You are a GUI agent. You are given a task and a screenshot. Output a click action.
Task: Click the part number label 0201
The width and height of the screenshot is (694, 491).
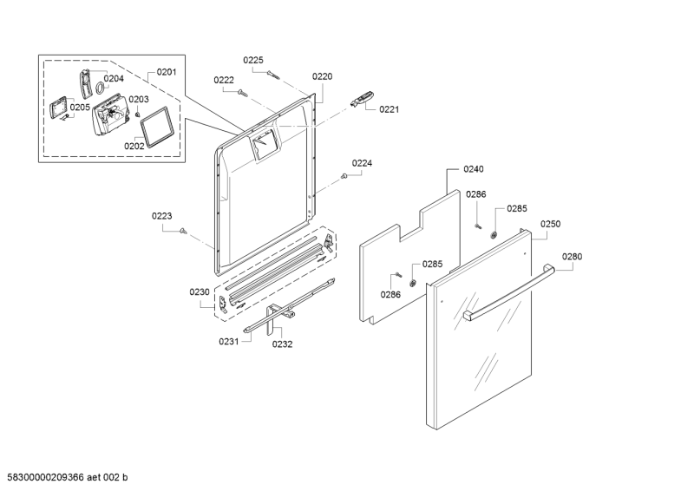click(167, 72)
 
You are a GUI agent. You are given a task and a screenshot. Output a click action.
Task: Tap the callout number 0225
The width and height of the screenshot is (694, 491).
click(253, 60)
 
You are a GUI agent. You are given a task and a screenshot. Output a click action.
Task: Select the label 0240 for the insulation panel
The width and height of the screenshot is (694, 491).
click(474, 168)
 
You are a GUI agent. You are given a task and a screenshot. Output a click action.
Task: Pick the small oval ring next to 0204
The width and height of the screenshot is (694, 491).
click(101, 88)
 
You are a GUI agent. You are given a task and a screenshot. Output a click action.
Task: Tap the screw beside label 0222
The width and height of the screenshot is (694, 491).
click(241, 92)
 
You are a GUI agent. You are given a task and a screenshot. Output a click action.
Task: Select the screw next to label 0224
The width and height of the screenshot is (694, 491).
click(344, 176)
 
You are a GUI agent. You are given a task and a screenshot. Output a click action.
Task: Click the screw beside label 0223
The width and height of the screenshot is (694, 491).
click(182, 230)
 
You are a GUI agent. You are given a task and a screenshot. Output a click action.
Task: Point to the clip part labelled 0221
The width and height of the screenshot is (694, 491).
click(362, 99)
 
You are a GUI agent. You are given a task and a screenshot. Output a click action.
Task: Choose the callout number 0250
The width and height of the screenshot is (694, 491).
click(551, 224)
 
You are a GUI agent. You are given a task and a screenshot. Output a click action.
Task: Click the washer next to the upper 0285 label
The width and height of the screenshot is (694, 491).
click(494, 234)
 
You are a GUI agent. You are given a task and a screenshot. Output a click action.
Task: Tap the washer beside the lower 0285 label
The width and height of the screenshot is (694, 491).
click(413, 283)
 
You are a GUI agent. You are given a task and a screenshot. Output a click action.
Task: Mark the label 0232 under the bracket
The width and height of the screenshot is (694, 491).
click(283, 344)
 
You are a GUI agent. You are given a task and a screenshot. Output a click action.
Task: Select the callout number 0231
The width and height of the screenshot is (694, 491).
click(229, 341)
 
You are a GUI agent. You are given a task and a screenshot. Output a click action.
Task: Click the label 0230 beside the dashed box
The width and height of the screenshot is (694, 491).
click(200, 291)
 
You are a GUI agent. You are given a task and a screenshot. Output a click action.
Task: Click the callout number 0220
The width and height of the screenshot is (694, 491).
click(322, 76)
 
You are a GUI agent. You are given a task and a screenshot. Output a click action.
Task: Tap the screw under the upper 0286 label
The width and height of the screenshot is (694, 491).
click(478, 226)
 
